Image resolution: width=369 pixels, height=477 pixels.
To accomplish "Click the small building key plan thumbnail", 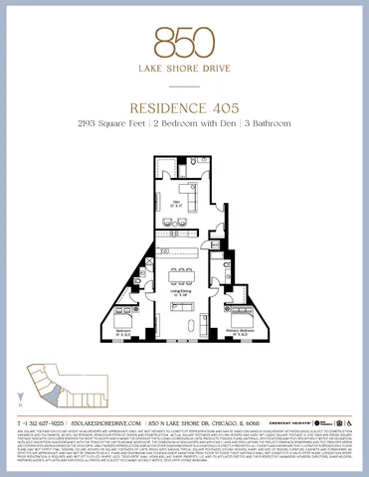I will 45,384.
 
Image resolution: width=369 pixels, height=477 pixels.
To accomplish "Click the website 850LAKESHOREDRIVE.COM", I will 112,422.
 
